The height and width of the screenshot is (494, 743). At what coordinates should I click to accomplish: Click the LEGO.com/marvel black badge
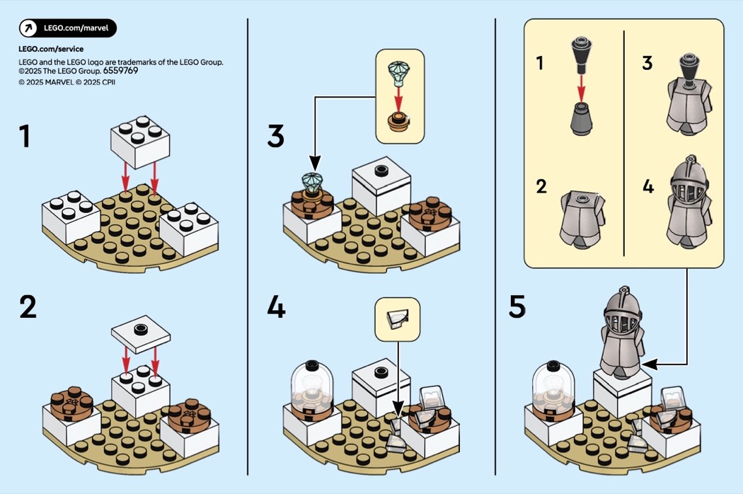coord(68,28)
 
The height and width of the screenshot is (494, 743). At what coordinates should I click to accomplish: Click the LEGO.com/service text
coord(51,49)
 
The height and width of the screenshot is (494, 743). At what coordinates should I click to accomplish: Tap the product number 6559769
coord(120,71)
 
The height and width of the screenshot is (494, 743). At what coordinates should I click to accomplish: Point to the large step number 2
coord(28,306)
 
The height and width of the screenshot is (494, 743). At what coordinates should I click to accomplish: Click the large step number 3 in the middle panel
coord(276,136)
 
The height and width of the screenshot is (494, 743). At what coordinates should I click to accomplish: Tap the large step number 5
coord(517,306)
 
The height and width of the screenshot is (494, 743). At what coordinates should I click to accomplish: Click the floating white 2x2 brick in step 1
coord(140,142)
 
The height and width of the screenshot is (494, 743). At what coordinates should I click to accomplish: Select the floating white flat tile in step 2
coord(141,334)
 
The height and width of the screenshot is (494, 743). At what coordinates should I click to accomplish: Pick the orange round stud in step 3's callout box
coord(398,121)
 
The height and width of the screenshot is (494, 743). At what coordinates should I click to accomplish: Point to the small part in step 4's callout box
coord(397,320)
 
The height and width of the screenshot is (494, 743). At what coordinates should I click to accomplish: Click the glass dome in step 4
coord(312,383)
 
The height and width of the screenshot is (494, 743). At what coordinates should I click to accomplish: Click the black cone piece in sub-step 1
coord(582,55)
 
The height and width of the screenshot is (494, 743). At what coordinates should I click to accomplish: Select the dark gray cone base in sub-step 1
coord(582,118)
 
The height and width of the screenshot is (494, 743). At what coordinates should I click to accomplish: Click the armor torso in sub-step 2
coord(582,219)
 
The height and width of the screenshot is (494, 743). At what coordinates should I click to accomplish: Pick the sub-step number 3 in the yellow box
coord(647,63)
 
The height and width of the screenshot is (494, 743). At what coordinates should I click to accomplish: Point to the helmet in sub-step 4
coord(689,183)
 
